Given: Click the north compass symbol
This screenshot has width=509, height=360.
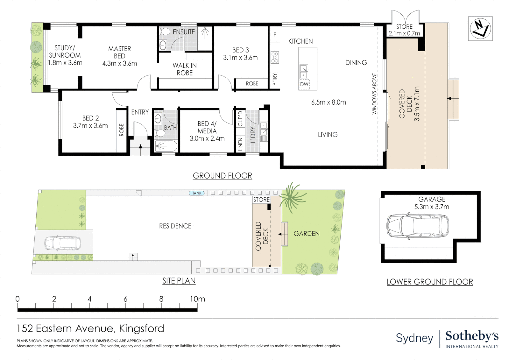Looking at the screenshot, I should click(480, 28).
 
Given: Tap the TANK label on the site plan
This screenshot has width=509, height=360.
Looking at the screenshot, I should click(197, 193).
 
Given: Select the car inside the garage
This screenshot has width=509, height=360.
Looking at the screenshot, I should click(417, 227).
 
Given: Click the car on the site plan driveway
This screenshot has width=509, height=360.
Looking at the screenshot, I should click(63, 243).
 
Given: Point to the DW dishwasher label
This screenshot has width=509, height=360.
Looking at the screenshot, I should click(304, 84).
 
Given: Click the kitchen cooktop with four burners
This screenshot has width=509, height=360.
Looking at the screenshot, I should click(275, 57).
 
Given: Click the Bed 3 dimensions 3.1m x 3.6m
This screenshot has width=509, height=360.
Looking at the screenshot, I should click(240, 58).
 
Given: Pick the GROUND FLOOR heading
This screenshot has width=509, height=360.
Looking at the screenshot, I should click(222, 176).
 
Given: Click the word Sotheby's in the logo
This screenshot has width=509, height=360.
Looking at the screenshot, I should click(472, 336).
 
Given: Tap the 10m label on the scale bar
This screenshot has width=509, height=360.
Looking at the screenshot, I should click(197, 299).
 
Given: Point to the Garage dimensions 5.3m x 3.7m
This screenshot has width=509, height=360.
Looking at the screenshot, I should click(432, 207).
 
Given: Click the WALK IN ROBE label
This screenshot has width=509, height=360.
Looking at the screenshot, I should click(185, 69).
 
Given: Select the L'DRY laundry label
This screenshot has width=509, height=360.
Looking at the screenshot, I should click(253, 135).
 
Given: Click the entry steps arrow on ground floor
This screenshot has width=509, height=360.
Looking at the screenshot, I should click(140, 146).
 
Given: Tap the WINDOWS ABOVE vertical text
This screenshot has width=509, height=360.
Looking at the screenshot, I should click(374, 94).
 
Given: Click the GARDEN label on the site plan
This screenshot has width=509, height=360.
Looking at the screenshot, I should click(306, 234).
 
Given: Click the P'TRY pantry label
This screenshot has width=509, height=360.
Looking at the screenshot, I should click(275, 79).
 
